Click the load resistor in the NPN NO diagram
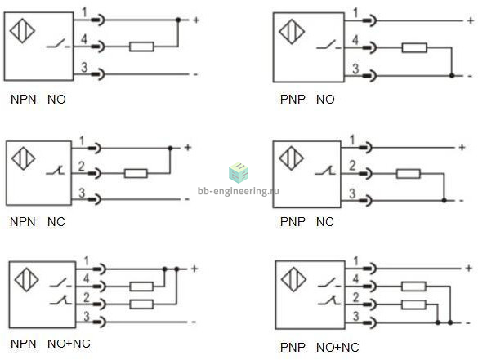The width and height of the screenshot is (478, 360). pyautogui.click(x=141, y=47)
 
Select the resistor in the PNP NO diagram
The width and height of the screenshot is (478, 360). pyautogui.click(x=414, y=48)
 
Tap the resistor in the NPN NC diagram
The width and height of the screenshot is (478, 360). pyautogui.click(x=136, y=173)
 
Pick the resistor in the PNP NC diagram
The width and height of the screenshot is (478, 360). pyautogui.click(x=409, y=174)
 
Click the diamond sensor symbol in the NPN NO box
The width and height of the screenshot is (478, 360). pyautogui.click(x=22, y=31)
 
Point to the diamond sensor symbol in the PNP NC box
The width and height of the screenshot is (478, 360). pyautogui.click(x=291, y=158)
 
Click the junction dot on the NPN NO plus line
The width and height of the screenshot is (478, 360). pyautogui.click(x=178, y=20)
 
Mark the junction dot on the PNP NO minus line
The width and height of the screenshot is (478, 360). pyautogui.click(x=452, y=75)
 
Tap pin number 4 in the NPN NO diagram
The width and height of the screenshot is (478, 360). pyautogui.click(x=84, y=39)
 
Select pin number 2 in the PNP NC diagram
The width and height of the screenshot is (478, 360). pyautogui.click(x=352, y=166)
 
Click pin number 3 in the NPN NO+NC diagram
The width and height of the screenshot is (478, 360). pyautogui.click(x=87, y=316)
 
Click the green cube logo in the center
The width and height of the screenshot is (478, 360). pyautogui.click(x=239, y=173)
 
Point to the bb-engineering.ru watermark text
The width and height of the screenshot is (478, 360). pyautogui.click(x=239, y=191)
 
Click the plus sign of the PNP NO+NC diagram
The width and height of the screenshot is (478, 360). pyautogui.click(x=469, y=269)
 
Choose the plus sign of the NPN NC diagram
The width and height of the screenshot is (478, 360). pyautogui.click(x=188, y=148)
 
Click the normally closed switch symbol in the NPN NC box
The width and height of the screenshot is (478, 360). pyautogui.click(x=56, y=171)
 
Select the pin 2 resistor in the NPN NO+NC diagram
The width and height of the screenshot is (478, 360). pyautogui.click(x=141, y=304)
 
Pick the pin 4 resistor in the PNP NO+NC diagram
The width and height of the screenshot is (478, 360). pyautogui.click(x=413, y=287)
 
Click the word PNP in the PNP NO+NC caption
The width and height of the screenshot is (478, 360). pyautogui.click(x=293, y=348)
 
